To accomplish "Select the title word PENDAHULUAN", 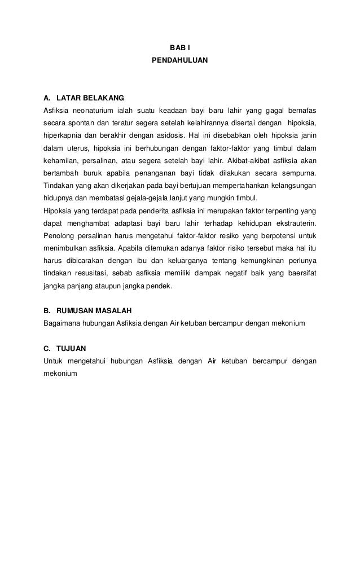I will pyautogui.click(x=179, y=59).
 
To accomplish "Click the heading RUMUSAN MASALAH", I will pyautogui.click(x=94, y=311).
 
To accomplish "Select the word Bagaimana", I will pyautogui.click(x=61, y=323).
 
